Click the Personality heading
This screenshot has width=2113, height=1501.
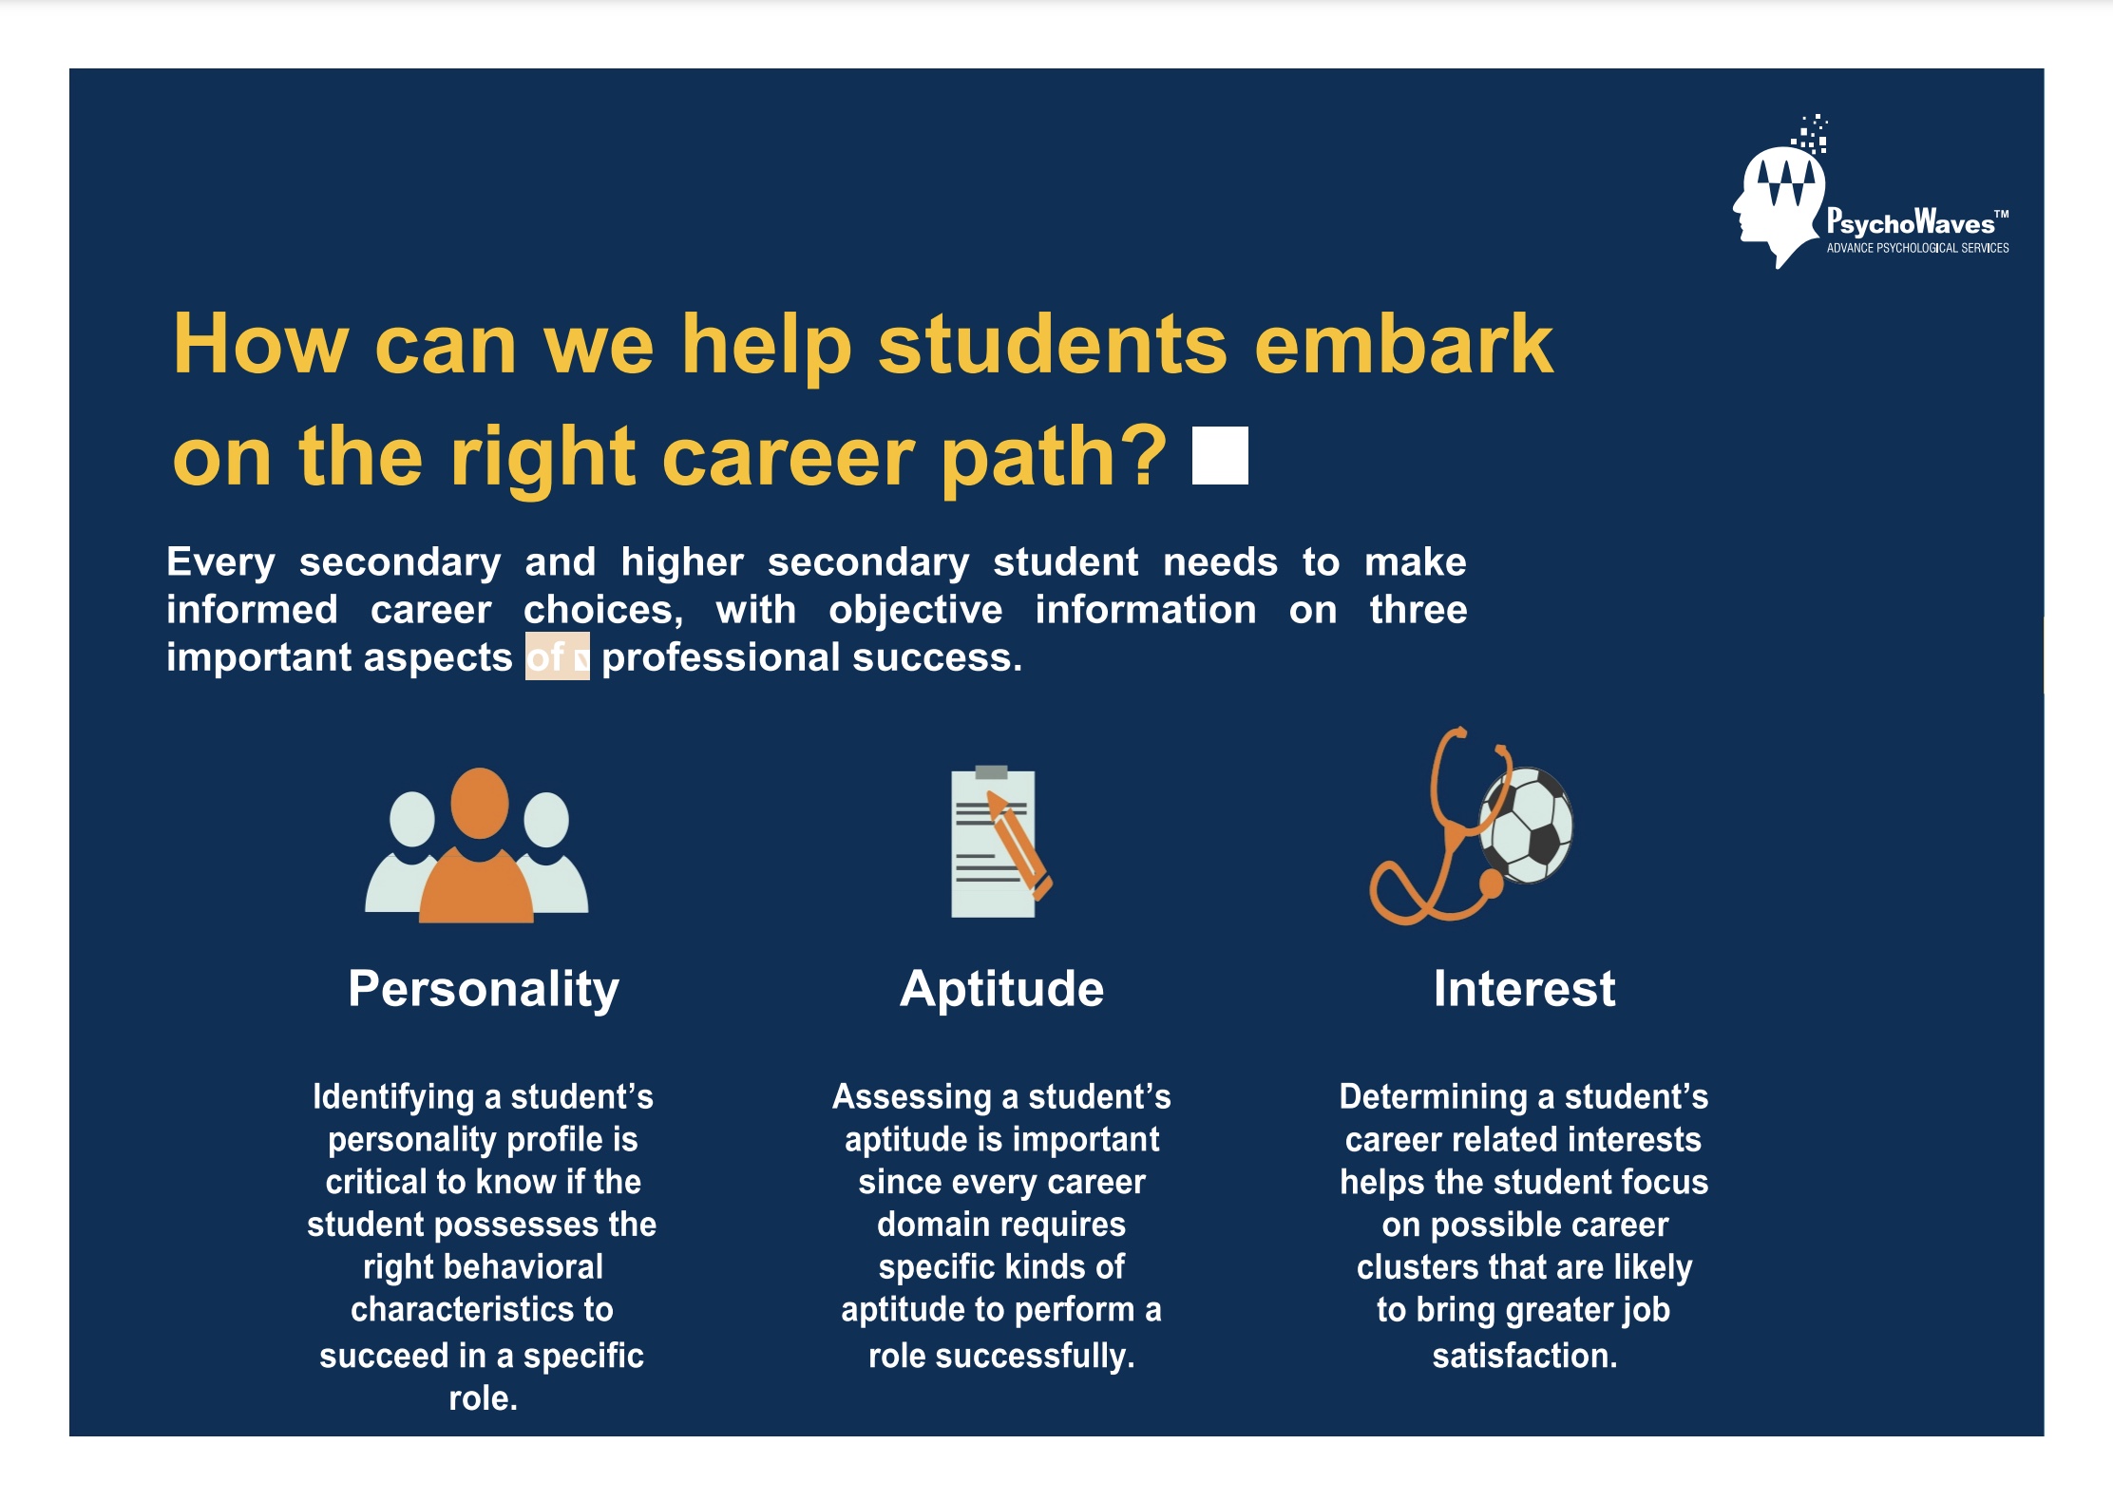tap(484, 990)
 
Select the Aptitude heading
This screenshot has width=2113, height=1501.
tap(1002, 990)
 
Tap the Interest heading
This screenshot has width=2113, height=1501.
tap(1524, 989)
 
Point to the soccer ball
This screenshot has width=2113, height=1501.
tap(1527, 825)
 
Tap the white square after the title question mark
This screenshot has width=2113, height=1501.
tap(1220, 456)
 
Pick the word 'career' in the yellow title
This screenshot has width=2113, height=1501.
tap(790, 458)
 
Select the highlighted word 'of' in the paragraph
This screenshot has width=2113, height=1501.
tap(545, 657)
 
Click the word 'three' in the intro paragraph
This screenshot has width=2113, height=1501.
tap(1418, 610)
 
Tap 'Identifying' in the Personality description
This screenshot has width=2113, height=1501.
tap(393, 1098)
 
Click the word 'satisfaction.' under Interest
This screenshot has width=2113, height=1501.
tap(1525, 1356)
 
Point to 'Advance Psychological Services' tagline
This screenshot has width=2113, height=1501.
tap(1917, 248)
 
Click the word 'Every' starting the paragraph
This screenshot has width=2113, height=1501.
tap(220, 563)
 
